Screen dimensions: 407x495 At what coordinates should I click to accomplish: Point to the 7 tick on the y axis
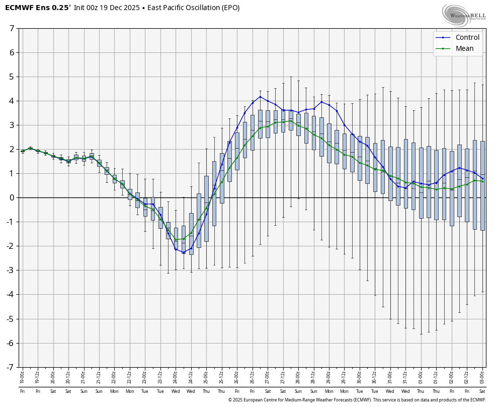coord(12,28)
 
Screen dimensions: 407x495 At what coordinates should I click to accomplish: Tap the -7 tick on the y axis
coord(11,367)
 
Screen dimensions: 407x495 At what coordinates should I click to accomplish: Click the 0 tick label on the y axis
coord(12,197)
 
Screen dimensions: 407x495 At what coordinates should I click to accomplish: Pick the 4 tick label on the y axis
coord(12,101)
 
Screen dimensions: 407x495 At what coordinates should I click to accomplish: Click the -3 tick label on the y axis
coord(11,270)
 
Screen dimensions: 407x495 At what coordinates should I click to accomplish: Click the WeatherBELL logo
coord(464,15)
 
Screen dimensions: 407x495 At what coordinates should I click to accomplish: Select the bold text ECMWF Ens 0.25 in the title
coord(37,8)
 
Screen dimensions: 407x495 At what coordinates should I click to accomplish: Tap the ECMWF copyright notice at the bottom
coord(357,400)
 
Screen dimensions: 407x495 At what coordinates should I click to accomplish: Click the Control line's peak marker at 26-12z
coord(260,96)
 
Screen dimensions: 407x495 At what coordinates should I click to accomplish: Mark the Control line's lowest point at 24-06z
coord(183,252)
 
